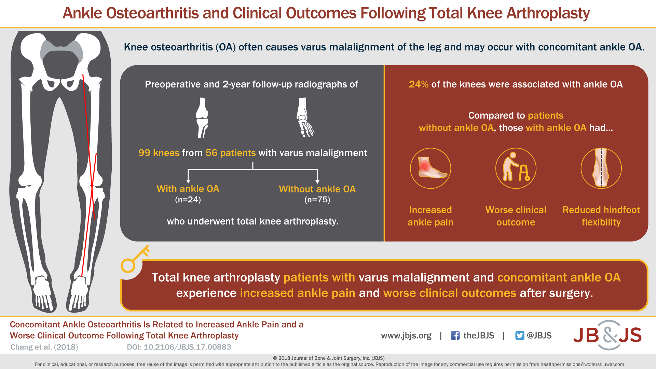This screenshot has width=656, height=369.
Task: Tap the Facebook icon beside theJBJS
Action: click(x=455, y=336)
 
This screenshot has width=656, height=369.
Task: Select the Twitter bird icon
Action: click(x=520, y=336)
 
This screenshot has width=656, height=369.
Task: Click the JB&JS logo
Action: click(x=607, y=335)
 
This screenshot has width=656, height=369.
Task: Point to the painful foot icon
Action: click(x=430, y=168)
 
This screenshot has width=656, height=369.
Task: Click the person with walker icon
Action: click(x=516, y=168)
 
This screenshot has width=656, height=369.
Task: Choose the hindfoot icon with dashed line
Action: click(x=601, y=168)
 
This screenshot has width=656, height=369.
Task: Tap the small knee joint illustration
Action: click(x=202, y=118)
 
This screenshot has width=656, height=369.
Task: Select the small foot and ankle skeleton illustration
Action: click(x=305, y=118)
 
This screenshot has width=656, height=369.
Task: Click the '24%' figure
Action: click(x=419, y=84)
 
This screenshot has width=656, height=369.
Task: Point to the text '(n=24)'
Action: click(x=188, y=200)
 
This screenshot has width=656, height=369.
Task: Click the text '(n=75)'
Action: click(x=317, y=200)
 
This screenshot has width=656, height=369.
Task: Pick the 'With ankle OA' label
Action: click(x=188, y=189)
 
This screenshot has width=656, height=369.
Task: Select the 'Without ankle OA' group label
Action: click(x=317, y=189)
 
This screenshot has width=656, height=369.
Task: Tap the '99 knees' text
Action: click(x=159, y=153)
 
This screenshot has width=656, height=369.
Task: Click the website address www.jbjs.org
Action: click(x=406, y=336)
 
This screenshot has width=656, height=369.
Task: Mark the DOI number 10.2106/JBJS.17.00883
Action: click(x=187, y=347)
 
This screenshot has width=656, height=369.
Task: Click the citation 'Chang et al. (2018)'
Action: click(x=44, y=347)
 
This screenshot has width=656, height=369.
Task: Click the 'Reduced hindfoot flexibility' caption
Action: click(x=601, y=216)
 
